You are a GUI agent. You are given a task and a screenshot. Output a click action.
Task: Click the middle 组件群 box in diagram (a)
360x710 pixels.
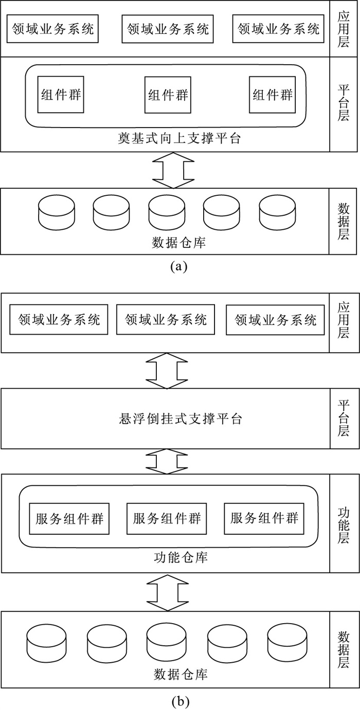click(x=168, y=95)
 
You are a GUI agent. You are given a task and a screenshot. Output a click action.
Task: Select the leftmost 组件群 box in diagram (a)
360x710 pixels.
click(x=61, y=95)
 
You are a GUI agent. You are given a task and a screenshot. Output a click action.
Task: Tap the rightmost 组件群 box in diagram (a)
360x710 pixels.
click(x=272, y=95)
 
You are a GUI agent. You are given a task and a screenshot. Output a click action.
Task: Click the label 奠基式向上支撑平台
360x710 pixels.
click(x=179, y=138)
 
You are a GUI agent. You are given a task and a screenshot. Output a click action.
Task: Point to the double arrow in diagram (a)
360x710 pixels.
click(x=173, y=170)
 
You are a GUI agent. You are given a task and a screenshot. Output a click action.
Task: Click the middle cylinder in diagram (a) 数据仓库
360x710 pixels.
click(x=167, y=212)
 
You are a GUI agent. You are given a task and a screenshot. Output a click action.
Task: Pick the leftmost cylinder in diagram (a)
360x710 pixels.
click(x=57, y=212)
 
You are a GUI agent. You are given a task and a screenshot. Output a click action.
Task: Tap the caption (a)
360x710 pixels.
click(x=179, y=266)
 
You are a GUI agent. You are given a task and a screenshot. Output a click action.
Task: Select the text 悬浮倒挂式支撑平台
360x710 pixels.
click(x=181, y=419)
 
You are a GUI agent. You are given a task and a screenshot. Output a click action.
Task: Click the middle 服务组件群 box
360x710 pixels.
click(x=167, y=519)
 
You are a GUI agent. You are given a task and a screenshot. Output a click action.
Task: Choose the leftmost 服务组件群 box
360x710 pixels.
click(x=69, y=519)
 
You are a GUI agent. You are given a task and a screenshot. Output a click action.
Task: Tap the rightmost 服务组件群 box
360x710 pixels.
click(x=264, y=519)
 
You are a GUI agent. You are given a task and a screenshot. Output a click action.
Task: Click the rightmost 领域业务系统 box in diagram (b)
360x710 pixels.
click(x=275, y=320)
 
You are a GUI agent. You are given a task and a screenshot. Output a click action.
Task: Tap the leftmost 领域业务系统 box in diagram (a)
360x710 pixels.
click(x=52, y=28)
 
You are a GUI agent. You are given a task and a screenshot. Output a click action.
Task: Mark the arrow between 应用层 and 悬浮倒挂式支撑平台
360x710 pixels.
click(x=167, y=371)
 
